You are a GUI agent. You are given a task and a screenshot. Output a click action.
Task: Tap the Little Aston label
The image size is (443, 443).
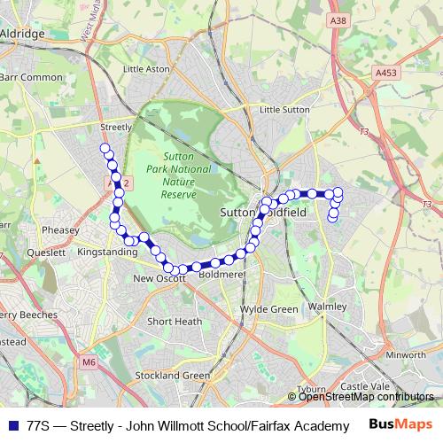tap(146, 68)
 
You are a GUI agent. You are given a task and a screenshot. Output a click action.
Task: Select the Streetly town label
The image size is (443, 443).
tap(117, 127)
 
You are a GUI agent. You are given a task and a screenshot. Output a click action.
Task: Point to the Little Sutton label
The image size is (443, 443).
tap(284, 109)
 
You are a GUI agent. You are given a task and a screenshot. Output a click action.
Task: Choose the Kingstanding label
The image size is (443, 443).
tap(108, 253)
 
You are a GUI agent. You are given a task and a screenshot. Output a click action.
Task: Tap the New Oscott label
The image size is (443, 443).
tap(159, 278)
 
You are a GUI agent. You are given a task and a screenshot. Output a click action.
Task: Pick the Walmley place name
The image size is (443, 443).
tap(327, 306)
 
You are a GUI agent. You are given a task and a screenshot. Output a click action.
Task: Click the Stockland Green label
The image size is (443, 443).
tap(172, 376)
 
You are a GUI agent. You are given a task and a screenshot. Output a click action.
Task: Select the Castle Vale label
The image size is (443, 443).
tap(366, 387)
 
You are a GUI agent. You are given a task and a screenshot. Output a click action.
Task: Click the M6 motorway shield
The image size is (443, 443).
tap(88, 361)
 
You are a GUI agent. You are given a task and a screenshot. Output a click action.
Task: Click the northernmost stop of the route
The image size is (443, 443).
tap(105, 148)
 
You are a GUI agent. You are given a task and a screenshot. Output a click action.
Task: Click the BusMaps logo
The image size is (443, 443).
tap(400, 424)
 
